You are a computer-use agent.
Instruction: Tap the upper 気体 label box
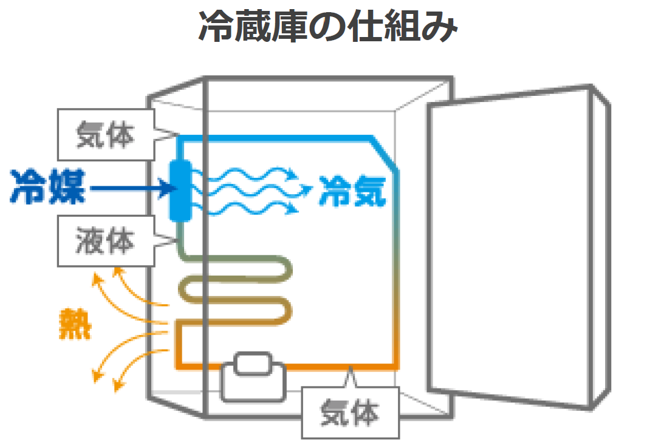[104, 135]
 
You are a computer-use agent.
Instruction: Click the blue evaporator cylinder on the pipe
[180, 191]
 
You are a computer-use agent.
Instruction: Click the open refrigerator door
[516, 243]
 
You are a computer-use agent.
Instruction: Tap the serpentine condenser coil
[237, 291]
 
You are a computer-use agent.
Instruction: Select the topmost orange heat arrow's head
[95, 279]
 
